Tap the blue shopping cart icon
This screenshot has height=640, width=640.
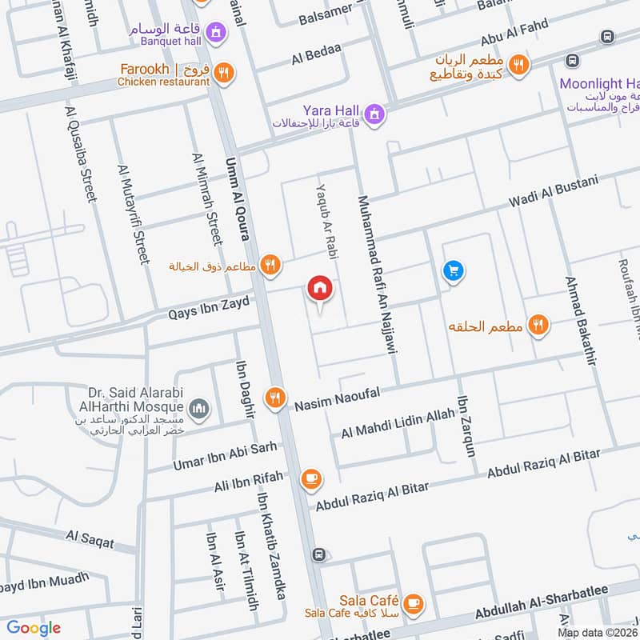453,272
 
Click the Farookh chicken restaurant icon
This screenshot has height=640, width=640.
225,73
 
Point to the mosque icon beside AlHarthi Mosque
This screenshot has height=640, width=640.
200,410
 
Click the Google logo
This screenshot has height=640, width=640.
34,628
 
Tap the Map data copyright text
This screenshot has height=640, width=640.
598,632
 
